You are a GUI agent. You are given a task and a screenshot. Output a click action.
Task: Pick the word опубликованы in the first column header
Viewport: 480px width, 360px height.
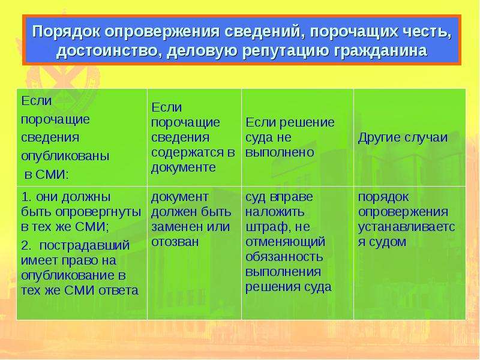65,156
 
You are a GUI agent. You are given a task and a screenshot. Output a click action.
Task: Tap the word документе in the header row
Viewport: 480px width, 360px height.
184,168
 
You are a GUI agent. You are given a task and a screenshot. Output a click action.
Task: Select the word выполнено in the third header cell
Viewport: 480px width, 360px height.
280,152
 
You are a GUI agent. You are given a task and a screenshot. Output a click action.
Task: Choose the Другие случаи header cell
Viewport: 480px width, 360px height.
403,137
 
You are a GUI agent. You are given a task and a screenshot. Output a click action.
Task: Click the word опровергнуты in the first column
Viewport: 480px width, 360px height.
98,212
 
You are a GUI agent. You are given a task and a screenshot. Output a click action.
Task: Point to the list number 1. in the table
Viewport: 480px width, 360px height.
26,197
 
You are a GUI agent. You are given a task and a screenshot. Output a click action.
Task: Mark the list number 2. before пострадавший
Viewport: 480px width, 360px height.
26,245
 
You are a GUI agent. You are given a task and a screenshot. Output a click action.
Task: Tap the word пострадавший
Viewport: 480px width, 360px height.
85,246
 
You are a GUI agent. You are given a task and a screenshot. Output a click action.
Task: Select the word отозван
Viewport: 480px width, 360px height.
175,242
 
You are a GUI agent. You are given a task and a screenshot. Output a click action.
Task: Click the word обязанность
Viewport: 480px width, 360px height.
284,257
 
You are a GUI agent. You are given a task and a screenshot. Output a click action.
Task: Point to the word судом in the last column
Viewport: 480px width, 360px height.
388,242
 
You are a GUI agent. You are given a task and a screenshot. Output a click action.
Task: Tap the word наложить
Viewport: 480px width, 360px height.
275,212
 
